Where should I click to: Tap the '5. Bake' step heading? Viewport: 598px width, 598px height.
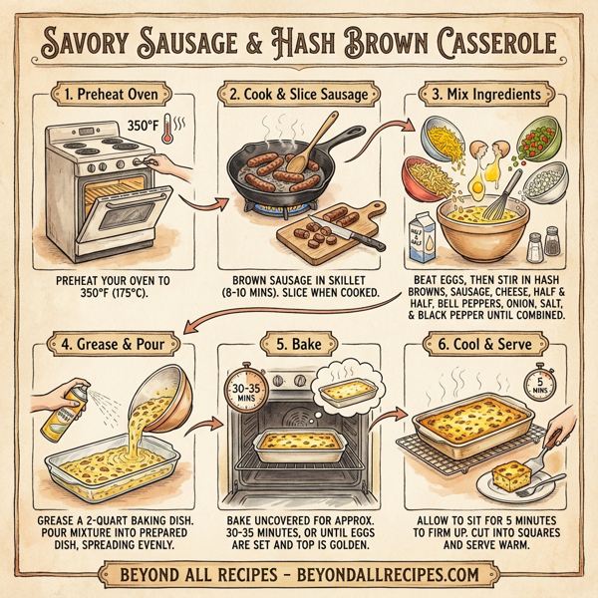pos(299,346)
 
